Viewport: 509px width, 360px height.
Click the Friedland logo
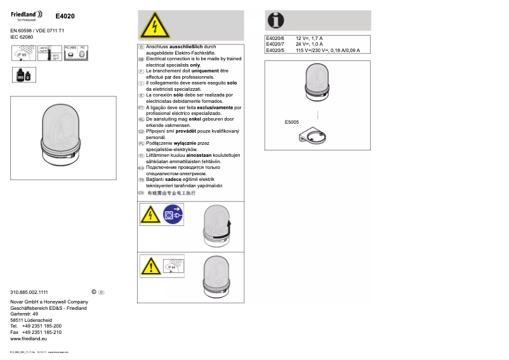point(26,15)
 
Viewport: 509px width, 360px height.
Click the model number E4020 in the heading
point(65,16)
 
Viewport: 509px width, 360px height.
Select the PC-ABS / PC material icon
point(76,53)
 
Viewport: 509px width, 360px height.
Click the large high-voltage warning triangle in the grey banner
point(154,27)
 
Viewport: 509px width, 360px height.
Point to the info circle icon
point(276,20)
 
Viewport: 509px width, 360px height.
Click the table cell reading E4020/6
point(275,39)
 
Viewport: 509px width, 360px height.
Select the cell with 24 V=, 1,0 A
point(309,44)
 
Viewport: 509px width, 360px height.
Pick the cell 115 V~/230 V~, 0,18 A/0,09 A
point(327,50)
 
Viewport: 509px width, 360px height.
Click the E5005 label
point(292,122)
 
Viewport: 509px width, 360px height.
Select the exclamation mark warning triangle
point(150,265)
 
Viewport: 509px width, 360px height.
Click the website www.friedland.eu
point(29,339)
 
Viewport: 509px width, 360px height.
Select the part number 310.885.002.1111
point(29,291)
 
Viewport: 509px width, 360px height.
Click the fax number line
point(36,332)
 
